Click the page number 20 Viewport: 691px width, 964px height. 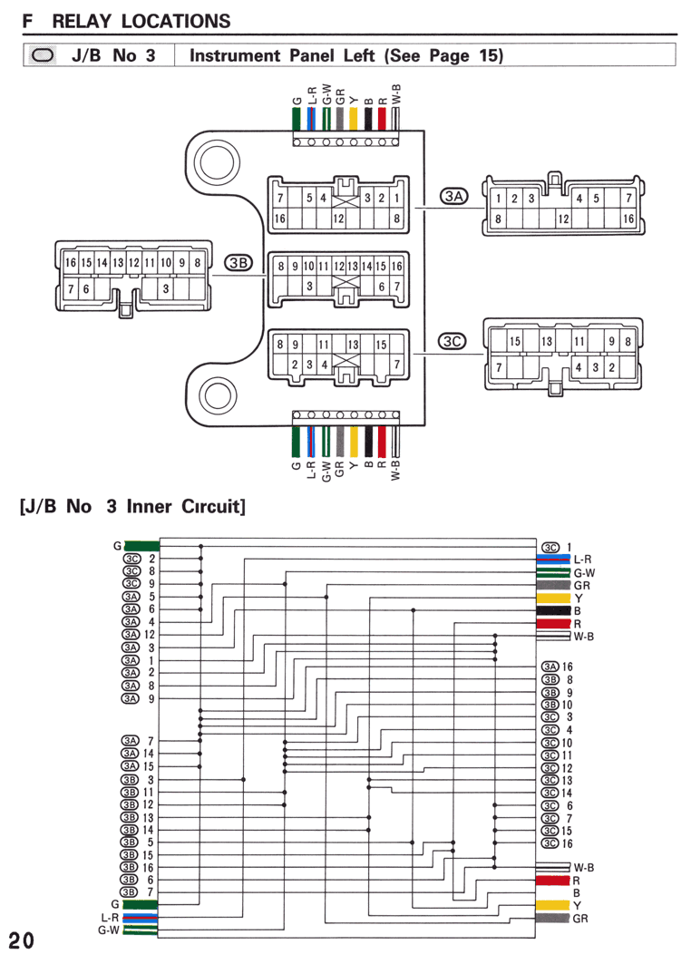22,941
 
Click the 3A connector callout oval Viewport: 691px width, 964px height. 453,196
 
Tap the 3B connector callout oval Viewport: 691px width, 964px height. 238,263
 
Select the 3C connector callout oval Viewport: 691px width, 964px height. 452,341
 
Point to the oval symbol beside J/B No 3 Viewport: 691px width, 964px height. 43,55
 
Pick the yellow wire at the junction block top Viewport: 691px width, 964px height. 354,119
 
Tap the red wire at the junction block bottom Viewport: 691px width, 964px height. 382,441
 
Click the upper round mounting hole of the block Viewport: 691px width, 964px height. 217,162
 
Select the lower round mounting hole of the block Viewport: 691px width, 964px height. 217,395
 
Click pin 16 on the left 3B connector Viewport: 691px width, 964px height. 71,262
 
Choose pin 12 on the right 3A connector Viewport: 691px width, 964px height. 563,219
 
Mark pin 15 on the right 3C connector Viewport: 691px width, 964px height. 514,341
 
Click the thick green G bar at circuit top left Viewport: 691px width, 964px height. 142,546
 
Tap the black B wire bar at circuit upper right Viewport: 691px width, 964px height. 554,610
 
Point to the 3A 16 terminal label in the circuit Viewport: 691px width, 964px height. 557,667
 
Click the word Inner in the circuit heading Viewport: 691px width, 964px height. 148,507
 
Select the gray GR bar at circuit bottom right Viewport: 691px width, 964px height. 552,918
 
